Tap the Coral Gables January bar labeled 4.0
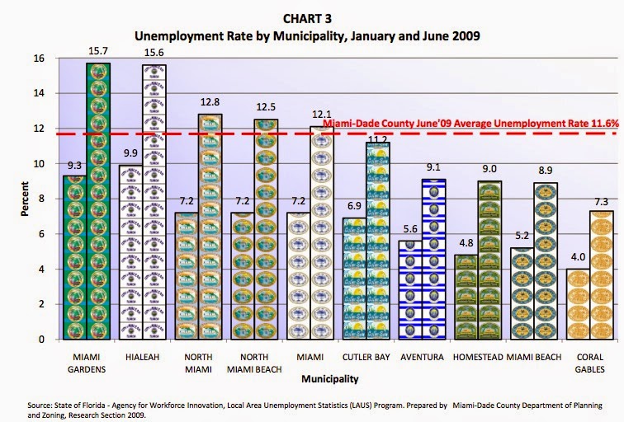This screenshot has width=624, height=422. [576, 304]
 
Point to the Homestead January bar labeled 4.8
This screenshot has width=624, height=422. [466, 297]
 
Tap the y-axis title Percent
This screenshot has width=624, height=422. [25, 199]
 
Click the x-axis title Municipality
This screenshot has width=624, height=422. [329, 380]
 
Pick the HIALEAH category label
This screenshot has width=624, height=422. [144, 357]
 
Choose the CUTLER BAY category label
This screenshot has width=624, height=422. [365, 357]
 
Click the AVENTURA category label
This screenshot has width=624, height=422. [423, 357]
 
